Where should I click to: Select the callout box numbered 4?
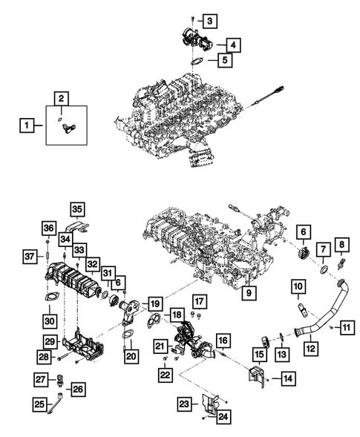point(232,46)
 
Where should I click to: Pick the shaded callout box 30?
point(49,321)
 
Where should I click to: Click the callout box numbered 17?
point(198,300)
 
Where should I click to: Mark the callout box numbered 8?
point(342,265)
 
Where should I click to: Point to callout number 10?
point(296,286)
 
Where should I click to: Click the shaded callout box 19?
point(154,304)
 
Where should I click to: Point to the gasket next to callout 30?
point(49,299)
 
